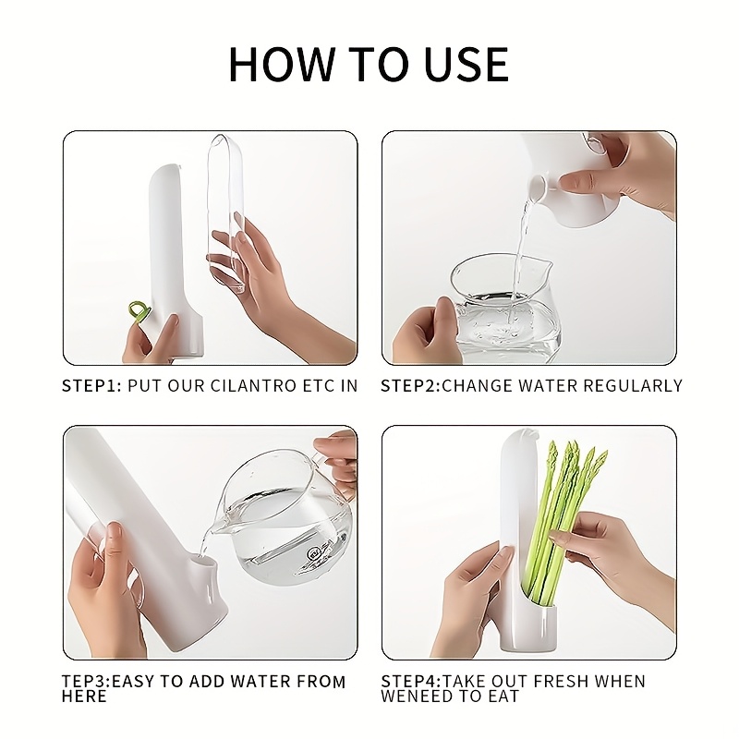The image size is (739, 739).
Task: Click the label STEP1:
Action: click(x=91, y=385)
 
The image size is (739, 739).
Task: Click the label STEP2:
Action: click(x=410, y=385)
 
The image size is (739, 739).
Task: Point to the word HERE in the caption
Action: click(x=84, y=697)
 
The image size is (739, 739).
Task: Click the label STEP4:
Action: click(x=411, y=682)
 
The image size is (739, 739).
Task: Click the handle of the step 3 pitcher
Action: click(x=333, y=466)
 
